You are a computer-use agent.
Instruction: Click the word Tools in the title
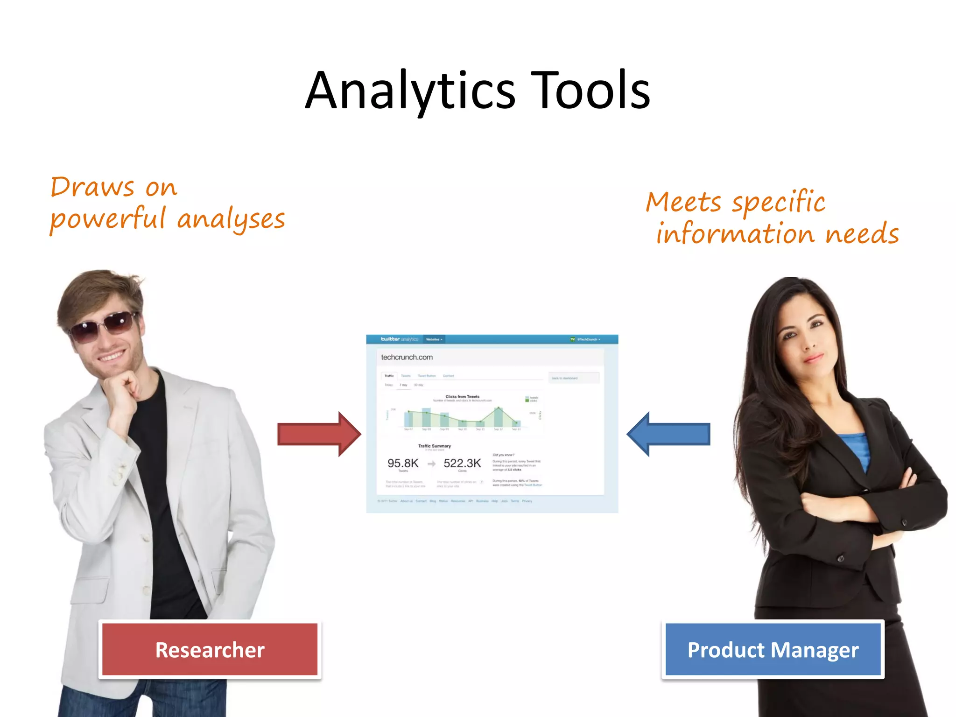pyautogui.click(x=590, y=91)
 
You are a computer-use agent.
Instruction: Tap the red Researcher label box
pyautogui.click(x=210, y=649)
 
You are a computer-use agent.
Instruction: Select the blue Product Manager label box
pyautogui.click(x=773, y=649)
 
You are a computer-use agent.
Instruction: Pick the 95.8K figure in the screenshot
pyautogui.click(x=403, y=463)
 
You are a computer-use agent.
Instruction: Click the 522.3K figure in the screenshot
pyautogui.click(x=462, y=463)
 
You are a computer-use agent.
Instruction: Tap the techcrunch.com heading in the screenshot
pyautogui.click(x=407, y=357)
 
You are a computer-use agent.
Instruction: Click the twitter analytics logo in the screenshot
pyautogui.click(x=399, y=339)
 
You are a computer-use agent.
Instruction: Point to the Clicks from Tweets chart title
pyautogui.click(x=462, y=397)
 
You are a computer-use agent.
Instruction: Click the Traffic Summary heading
pyautogui.click(x=434, y=446)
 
